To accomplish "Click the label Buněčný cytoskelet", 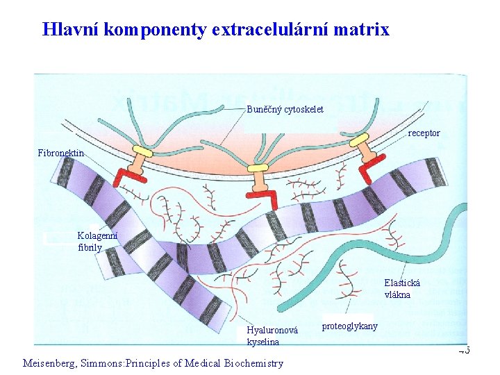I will (x=285, y=110).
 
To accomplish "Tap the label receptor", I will (x=424, y=133).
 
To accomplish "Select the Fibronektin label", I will (x=61, y=153).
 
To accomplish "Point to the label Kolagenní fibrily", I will (x=97, y=241).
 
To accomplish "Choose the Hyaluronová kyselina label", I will (x=272, y=336).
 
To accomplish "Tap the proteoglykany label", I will (x=350, y=326).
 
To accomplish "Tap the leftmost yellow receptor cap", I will (x=142, y=151).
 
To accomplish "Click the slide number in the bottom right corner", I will (x=464, y=351).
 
